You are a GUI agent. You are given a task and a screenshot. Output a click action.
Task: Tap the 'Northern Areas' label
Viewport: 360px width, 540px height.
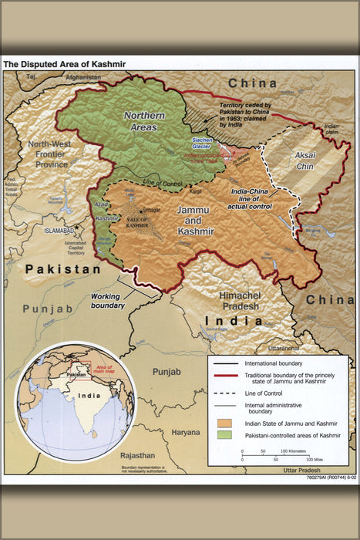point(146,122)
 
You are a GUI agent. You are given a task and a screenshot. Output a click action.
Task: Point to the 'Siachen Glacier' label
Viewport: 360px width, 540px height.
point(201,144)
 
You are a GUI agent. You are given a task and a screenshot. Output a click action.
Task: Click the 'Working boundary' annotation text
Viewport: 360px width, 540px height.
point(108,301)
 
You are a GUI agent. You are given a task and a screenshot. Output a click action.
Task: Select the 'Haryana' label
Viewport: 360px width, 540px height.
point(185,432)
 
